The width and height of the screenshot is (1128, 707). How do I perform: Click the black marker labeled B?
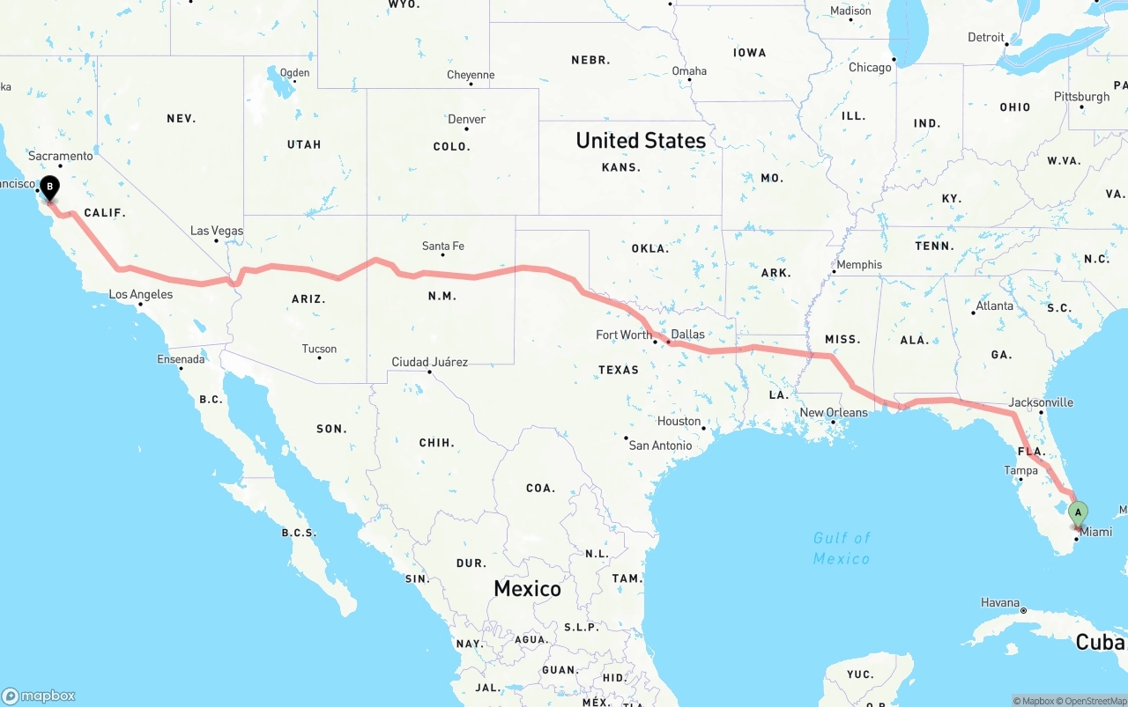[x=50, y=187]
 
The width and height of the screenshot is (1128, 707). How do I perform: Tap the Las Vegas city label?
[x=217, y=231]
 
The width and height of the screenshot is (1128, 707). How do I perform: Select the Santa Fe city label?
[x=443, y=246]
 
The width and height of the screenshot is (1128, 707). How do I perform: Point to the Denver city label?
[x=467, y=120]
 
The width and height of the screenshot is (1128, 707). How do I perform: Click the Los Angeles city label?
[x=141, y=294]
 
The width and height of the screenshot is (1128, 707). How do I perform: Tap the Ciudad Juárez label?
[x=430, y=362]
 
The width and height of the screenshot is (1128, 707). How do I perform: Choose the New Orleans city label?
[x=834, y=412]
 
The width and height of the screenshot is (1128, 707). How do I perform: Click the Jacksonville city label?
[x=1041, y=402]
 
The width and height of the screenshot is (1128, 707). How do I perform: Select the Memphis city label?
[x=859, y=264]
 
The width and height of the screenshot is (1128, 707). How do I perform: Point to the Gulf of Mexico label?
[x=842, y=548]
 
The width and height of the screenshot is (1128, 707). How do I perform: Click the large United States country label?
[x=641, y=140]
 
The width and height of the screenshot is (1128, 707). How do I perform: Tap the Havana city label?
[x=1000, y=603]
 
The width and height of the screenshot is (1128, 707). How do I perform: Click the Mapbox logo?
[x=39, y=696]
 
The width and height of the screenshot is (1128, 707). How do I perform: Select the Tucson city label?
[x=319, y=349]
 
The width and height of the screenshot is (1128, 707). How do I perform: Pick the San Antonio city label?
[x=660, y=446]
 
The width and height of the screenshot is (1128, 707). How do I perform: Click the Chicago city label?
[x=870, y=68]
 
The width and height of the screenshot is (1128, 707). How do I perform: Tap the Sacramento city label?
[x=60, y=156]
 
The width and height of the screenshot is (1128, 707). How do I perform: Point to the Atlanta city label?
[x=994, y=306]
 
